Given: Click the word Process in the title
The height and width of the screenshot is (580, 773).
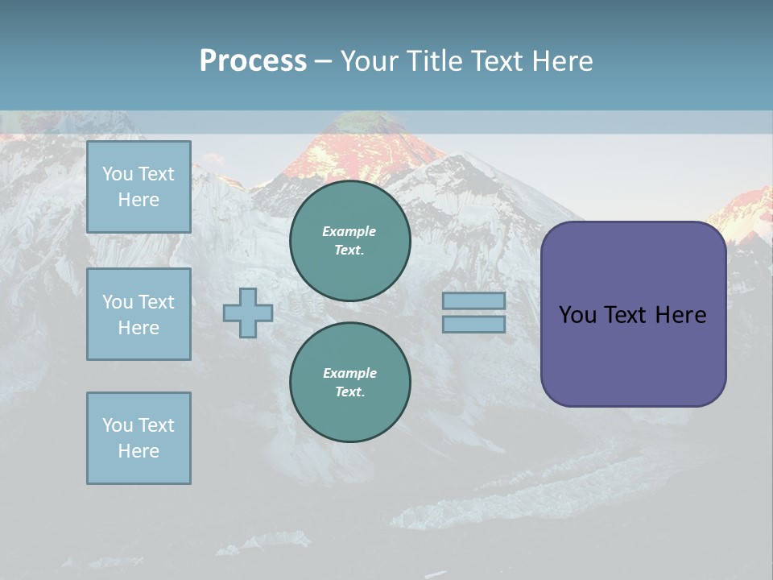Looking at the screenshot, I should (x=253, y=60).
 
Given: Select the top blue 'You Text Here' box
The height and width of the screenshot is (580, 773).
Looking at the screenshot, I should (x=138, y=187).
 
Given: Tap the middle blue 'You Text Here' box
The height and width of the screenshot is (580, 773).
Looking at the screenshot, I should (x=138, y=314).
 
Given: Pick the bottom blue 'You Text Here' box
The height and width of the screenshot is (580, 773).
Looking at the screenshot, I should (x=138, y=438).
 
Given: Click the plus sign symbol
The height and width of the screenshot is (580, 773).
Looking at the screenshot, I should (x=248, y=313).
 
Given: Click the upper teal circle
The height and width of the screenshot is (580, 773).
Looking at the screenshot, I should (x=350, y=241).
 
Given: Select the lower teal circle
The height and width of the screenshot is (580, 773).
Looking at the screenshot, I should (x=350, y=383).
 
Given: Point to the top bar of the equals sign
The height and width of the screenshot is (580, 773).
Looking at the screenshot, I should (x=473, y=300).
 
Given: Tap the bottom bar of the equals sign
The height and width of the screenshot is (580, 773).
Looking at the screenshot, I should (x=473, y=324).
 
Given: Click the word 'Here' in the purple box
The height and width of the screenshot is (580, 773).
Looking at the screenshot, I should (x=680, y=315).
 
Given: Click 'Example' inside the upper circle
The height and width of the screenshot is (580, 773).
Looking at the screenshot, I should (x=349, y=231).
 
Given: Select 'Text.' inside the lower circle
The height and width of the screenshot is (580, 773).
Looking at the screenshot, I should (x=349, y=392).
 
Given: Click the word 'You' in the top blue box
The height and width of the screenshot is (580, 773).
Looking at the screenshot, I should (x=116, y=174).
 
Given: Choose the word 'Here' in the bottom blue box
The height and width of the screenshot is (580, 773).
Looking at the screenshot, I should (x=138, y=451).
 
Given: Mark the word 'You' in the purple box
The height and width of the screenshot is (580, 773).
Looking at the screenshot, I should (x=577, y=315).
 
